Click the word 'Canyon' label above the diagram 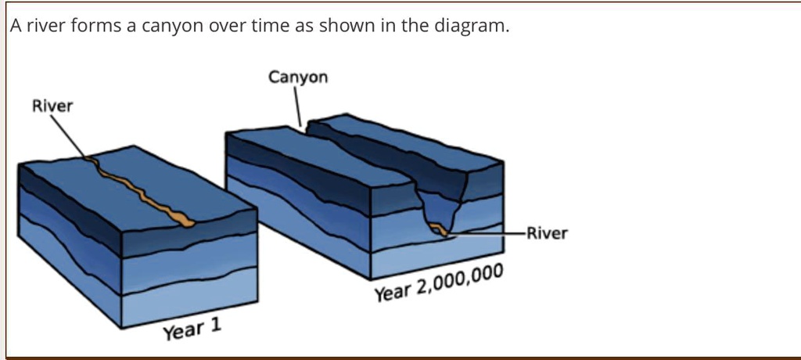click(298, 77)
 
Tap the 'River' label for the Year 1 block click(52, 106)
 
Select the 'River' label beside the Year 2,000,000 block click(547, 233)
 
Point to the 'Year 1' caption click(192, 329)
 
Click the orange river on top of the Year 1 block click(141, 192)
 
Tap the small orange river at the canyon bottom click(439, 229)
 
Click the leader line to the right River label click(485, 232)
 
